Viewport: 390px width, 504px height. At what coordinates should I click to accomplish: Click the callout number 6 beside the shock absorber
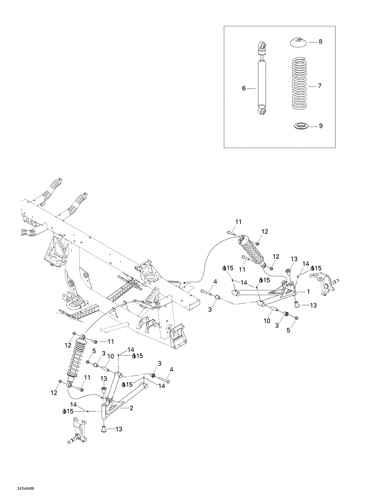coord(244,89)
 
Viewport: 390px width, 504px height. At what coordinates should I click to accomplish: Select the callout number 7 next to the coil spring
coord(320,86)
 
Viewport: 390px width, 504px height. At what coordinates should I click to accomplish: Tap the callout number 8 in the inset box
coord(321,42)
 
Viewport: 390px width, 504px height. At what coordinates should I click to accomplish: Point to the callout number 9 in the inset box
coord(321,126)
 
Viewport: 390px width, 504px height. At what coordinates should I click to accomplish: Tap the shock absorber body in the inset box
coord(262,83)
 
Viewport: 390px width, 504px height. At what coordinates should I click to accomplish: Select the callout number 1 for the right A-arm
coord(308,292)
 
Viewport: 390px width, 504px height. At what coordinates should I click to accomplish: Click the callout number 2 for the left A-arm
coord(131,408)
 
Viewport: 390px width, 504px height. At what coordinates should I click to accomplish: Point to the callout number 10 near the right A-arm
coord(267,321)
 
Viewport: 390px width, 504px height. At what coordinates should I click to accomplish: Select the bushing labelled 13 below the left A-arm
coord(103,429)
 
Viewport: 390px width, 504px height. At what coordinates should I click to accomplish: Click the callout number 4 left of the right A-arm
coord(215,282)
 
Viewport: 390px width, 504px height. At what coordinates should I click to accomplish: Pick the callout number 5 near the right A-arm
coord(288,330)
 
